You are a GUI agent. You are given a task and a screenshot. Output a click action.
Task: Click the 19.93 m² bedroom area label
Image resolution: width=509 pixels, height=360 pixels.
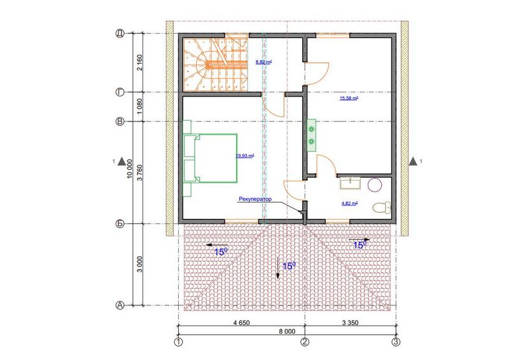(x=245, y=156)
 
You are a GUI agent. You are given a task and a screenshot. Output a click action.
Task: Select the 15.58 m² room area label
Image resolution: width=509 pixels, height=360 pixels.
(x=349, y=98)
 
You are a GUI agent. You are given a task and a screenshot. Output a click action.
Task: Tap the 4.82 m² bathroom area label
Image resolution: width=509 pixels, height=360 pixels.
(x=349, y=204)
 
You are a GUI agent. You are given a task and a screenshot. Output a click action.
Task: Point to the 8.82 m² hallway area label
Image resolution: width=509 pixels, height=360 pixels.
(x=263, y=62)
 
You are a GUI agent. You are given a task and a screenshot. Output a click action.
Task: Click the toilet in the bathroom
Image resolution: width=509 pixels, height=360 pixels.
(x=382, y=207)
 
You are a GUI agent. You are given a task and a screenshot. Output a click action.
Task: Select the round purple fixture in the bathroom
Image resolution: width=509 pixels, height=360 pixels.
(x=375, y=185)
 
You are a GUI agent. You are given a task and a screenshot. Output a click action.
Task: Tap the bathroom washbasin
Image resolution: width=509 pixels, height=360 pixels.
(x=351, y=183)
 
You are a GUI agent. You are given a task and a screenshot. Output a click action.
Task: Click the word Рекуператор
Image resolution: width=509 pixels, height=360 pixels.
(x=255, y=199)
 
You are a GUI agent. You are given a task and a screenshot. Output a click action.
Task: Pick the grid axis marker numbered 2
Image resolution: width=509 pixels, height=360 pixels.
(x=305, y=342)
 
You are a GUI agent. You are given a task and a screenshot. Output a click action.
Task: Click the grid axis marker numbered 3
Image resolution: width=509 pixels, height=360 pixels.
(x=396, y=342)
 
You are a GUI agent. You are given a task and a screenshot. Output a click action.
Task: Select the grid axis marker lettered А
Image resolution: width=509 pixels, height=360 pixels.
(x=120, y=305)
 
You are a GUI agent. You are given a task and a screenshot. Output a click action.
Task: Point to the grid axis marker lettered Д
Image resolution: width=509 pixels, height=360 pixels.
(x=120, y=34)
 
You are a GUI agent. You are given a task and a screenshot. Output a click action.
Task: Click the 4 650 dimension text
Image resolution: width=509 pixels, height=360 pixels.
(x=242, y=322)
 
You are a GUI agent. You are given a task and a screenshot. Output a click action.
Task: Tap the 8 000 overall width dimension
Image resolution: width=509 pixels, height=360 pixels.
(x=288, y=331)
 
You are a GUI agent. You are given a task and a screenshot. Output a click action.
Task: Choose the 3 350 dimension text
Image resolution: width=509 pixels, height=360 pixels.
(x=351, y=322)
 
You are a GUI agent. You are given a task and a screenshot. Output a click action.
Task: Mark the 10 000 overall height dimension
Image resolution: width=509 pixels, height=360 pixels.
(x=130, y=169)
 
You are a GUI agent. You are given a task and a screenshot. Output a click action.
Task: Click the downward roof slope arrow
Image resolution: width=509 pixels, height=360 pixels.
(x=277, y=267)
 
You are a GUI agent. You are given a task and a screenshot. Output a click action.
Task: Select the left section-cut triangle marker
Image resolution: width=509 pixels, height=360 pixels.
(x=122, y=162)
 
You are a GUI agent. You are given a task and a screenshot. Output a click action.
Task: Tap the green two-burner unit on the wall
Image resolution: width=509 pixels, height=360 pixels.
(x=312, y=135)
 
